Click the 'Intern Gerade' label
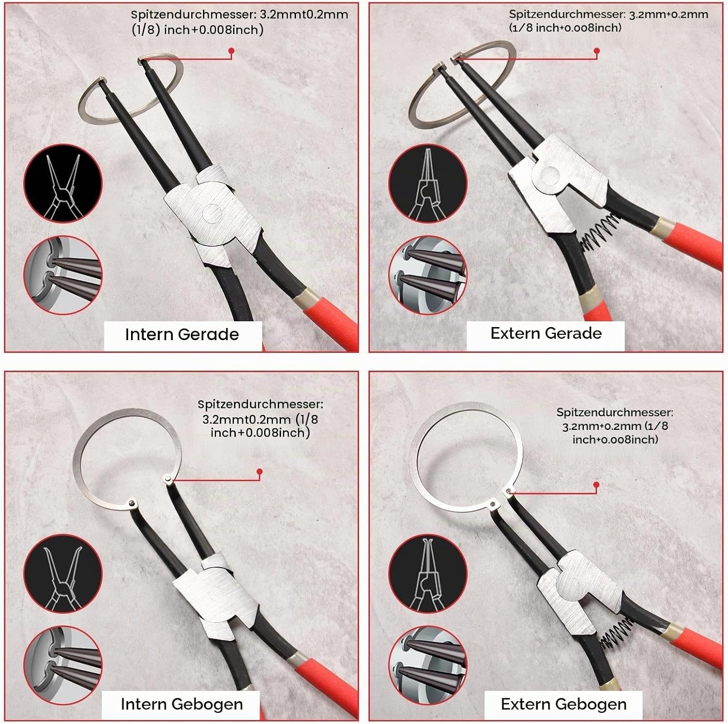[182, 334]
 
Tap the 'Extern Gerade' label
[546, 333]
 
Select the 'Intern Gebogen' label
[182, 704]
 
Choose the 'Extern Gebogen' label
[563, 704]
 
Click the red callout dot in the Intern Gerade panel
[232, 50]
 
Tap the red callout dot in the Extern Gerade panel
[596, 50]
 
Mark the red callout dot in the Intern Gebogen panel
[260, 471]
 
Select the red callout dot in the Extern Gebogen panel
[596, 484]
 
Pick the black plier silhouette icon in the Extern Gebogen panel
[428, 574]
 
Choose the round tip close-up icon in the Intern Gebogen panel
[63, 666]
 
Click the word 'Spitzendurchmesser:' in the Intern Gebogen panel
[260, 404]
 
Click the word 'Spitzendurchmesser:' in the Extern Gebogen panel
[614, 412]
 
